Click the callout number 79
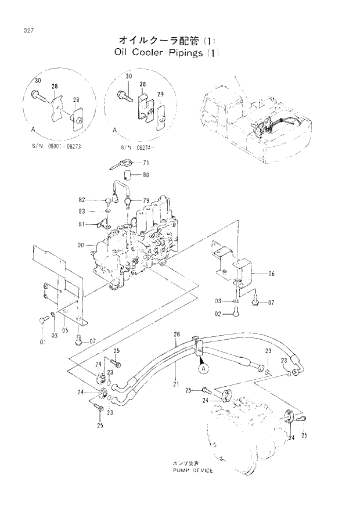pyautogui.click(x=146, y=201)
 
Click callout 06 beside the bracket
pyautogui.click(x=271, y=273)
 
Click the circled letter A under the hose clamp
pyautogui.click(x=202, y=368)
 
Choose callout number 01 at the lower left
pyautogui.click(x=42, y=342)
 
